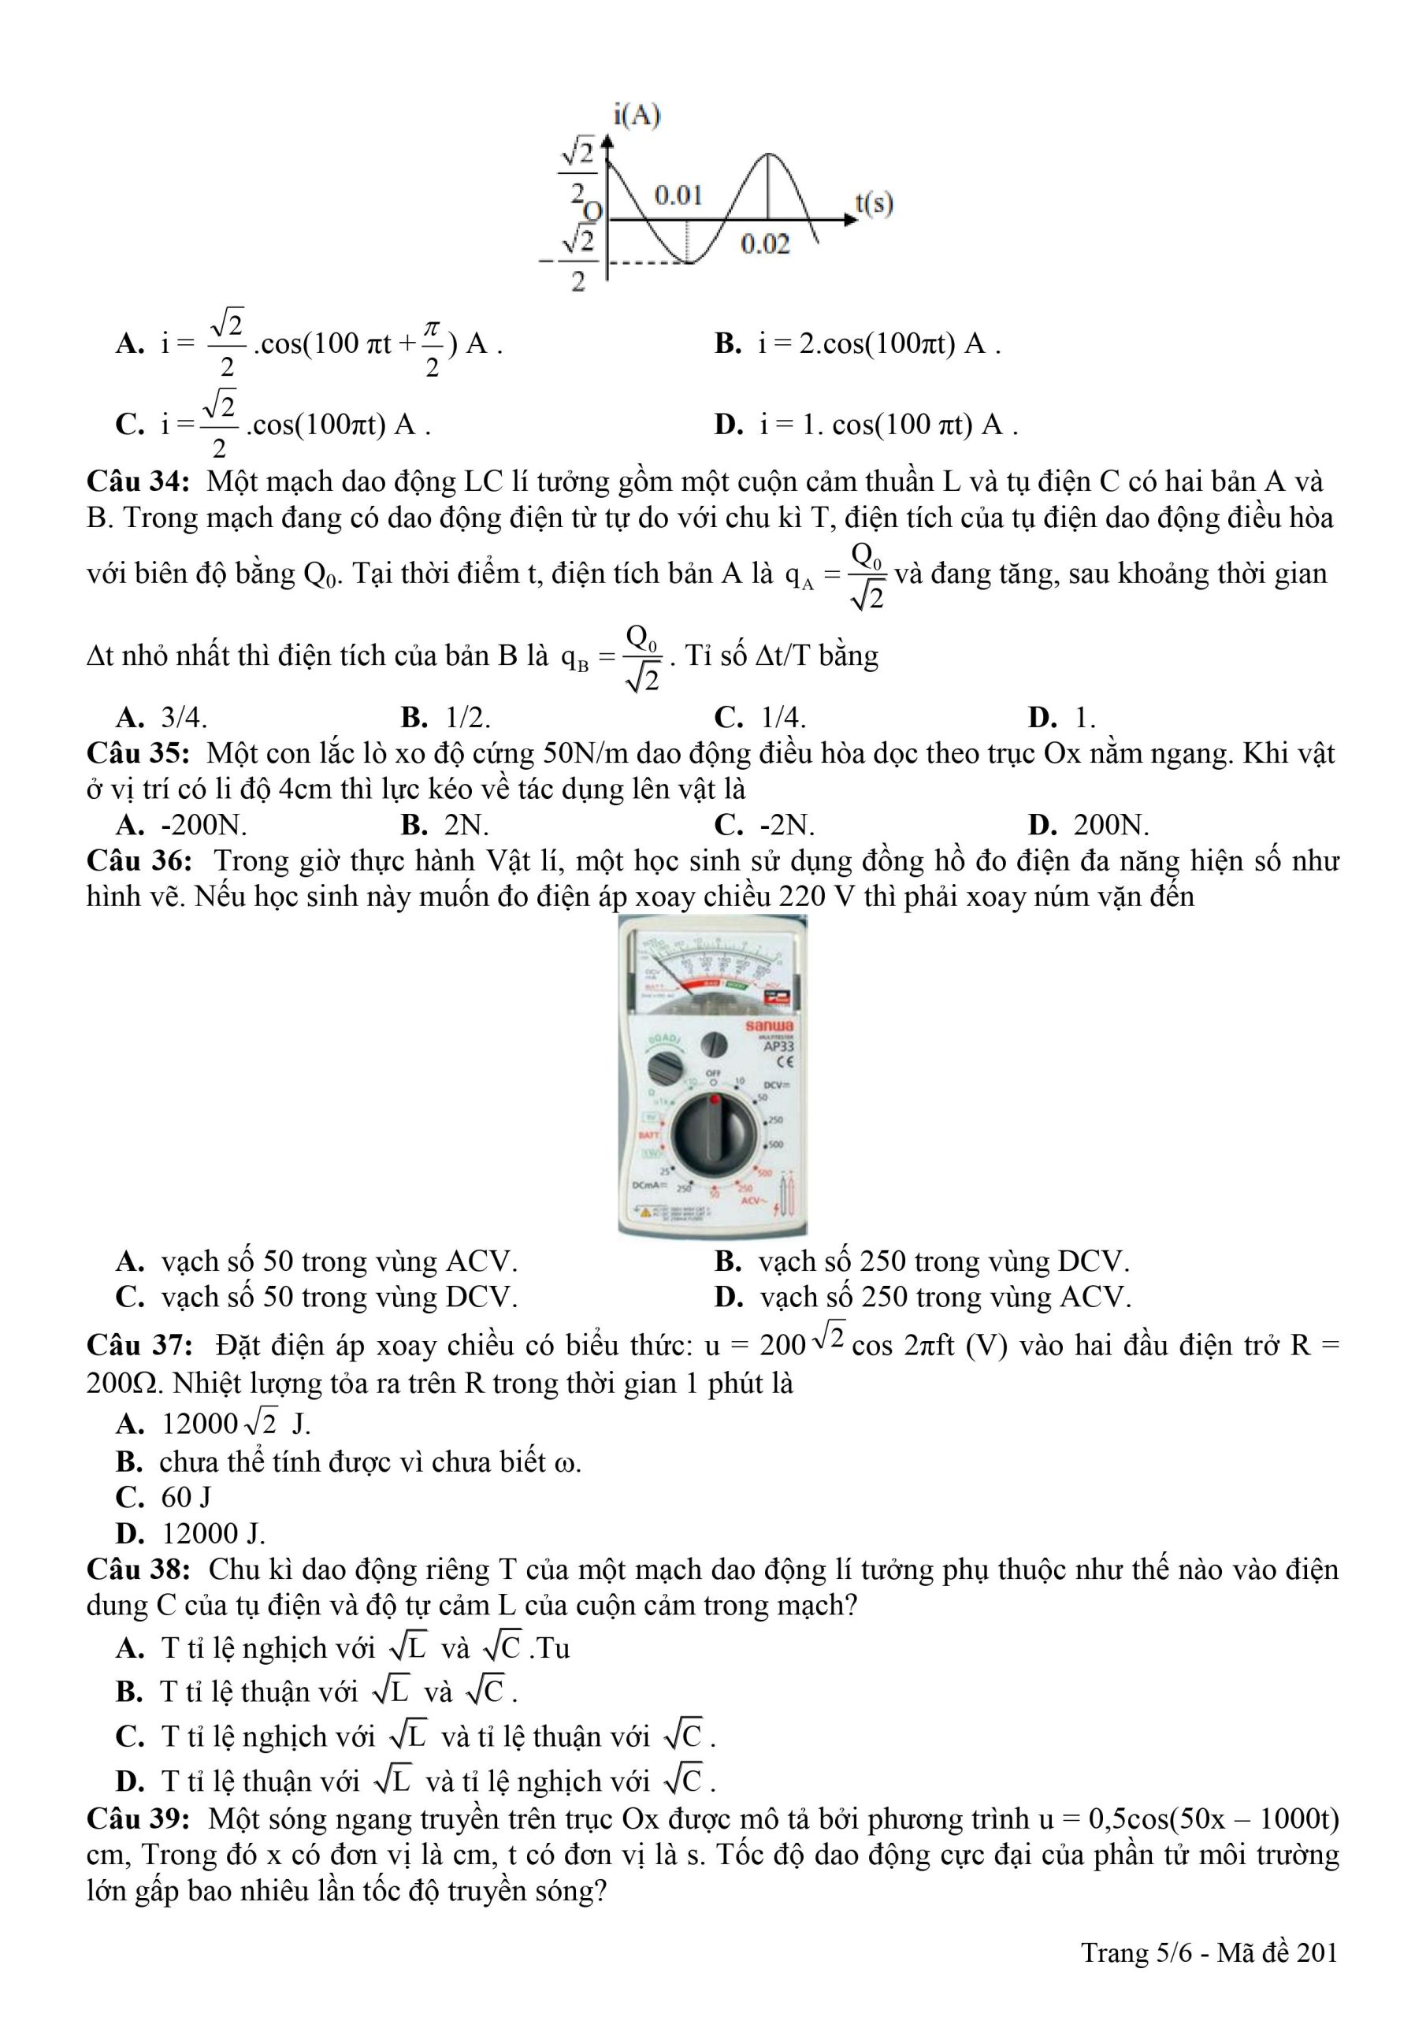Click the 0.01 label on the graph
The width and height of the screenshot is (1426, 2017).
[678, 195]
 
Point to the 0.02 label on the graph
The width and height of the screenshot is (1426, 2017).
[764, 243]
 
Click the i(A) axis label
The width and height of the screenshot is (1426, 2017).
[637, 115]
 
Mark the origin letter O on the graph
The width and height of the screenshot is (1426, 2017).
[594, 211]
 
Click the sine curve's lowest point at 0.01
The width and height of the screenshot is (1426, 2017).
[687, 262]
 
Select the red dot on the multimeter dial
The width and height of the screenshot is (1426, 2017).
[714, 1098]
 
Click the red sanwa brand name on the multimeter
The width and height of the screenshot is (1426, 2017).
[769, 1025]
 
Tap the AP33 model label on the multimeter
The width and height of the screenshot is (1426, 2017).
[778, 1047]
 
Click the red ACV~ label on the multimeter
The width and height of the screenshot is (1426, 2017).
[754, 1200]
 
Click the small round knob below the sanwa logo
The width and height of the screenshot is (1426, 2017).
[715, 1044]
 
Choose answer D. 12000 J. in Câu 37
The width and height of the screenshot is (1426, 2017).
[190, 1533]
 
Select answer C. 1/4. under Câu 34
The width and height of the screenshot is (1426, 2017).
[761, 718]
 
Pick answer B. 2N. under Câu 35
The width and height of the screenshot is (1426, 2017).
[444, 825]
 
